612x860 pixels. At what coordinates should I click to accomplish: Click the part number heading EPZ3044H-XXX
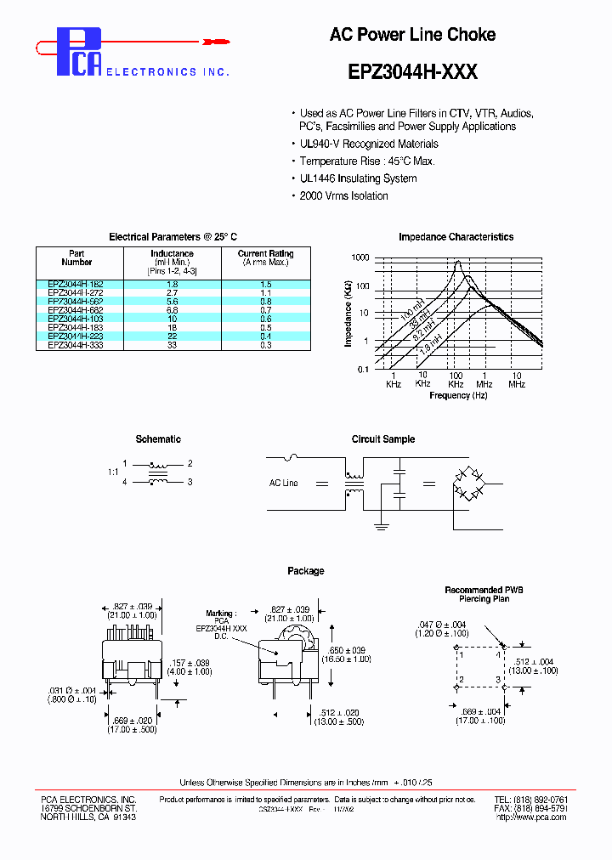(x=412, y=72)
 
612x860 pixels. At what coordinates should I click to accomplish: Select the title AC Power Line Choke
(x=412, y=35)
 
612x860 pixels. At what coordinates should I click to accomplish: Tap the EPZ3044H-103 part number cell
(x=76, y=319)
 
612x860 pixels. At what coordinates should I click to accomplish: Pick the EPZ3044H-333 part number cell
(x=76, y=345)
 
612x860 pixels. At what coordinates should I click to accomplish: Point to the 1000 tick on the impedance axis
(x=360, y=257)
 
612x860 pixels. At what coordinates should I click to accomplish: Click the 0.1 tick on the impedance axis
(x=363, y=368)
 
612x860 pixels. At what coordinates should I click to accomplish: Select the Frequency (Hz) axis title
(x=458, y=395)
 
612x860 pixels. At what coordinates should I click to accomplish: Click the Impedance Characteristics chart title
(x=456, y=237)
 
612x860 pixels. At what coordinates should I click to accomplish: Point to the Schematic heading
(x=158, y=439)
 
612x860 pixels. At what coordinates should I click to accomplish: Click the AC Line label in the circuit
(x=284, y=483)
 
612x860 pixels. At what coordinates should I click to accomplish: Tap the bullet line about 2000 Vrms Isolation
(x=343, y=196)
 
